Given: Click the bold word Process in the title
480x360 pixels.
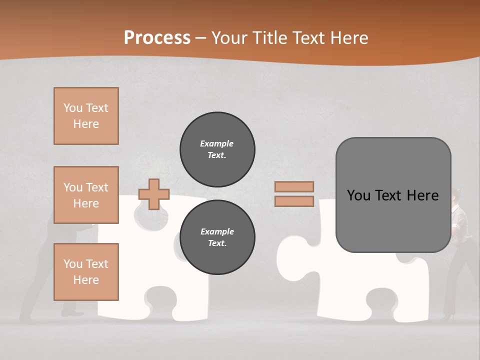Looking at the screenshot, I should (157, 37).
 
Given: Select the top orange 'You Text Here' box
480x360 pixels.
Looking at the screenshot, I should (86, 116).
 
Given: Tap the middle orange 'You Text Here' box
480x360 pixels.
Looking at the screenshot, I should (86, 195).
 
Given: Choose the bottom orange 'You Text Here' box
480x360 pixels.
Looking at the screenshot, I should (86, 272).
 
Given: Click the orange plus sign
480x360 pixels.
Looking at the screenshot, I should (154, 194).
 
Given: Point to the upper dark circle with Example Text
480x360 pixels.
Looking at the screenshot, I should (217, 149).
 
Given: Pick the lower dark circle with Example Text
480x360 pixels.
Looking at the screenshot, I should (217, 237).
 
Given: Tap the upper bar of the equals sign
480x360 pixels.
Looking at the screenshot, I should (294, 186).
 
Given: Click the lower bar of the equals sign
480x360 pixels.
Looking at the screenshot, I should (294, 201).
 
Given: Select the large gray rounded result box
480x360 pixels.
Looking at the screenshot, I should (393, 195).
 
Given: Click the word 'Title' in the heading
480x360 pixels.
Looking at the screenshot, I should (270, 38).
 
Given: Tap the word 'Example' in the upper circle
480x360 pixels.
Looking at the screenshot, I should (217, 143).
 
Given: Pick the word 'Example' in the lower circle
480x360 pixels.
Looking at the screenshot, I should (217, 231).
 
